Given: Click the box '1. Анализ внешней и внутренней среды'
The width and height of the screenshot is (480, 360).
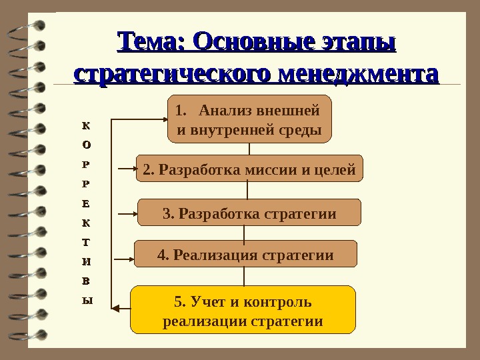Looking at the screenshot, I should pyautogui.click(x=249, y=119).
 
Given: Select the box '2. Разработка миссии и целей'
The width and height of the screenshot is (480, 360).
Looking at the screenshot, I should pyautogui.click(x=249, y=169).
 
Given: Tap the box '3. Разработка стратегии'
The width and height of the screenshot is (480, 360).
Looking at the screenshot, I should pyautogui.click(x=249, y=213).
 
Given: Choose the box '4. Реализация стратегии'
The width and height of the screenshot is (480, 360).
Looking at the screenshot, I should pyautogui.click(x=245, y=254).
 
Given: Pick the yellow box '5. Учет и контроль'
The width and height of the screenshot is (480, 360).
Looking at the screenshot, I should pyautogui.click(x=243, y=310).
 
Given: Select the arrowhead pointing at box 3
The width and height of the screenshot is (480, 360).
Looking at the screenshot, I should pyautogui.click(x=132, y=213).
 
